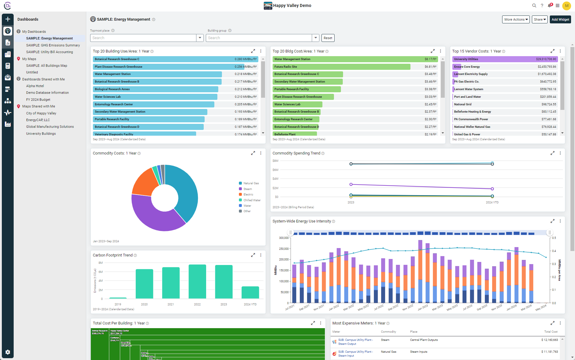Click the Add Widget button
(560, 19)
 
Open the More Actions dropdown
(516, 19)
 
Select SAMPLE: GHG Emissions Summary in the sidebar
(53, 45)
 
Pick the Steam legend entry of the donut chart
(247, 189)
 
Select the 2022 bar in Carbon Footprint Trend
(197, 281)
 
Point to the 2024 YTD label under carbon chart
(250, 304)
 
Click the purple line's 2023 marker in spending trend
(351, 184)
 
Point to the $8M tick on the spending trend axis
(275, 161)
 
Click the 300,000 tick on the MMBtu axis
(284, 238)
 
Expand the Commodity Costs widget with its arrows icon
(253, 153)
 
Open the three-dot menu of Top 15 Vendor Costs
(560, 51)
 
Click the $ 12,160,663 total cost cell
(549, 340)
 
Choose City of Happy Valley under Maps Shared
(41, 113)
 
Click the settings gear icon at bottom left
(8, 352)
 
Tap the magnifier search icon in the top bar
(534, 5)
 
